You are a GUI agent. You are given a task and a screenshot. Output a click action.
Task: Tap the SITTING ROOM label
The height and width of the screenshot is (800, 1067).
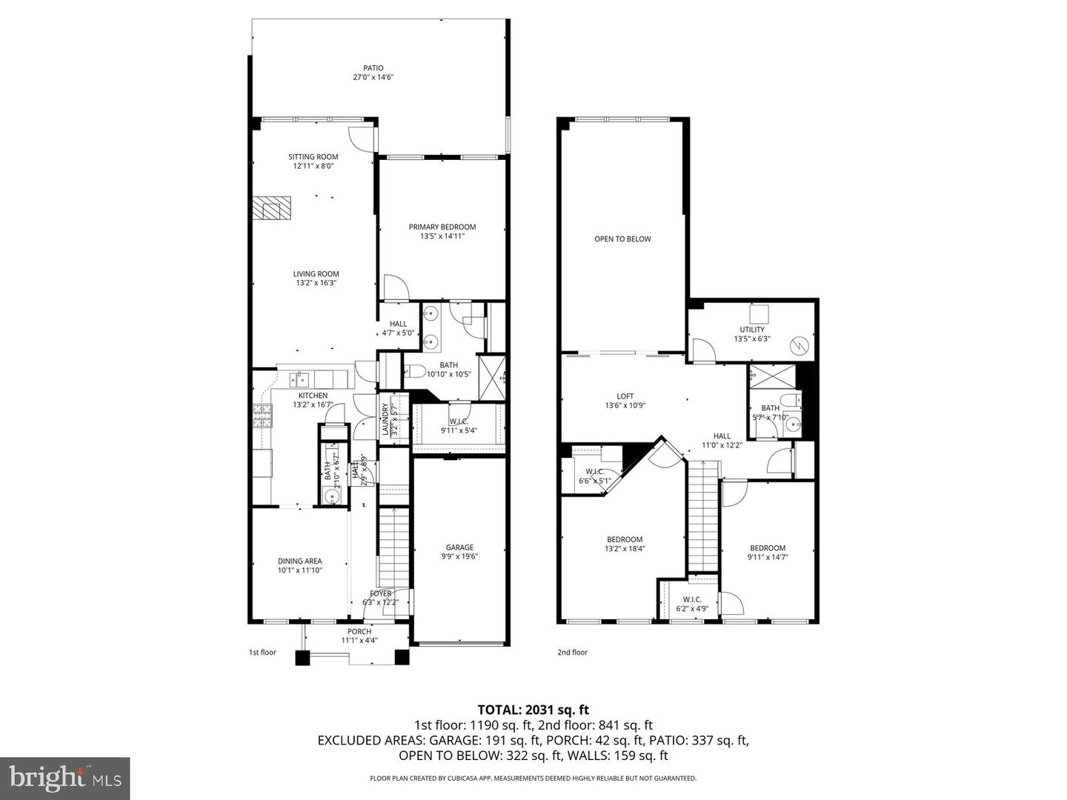click(x=313, y=157)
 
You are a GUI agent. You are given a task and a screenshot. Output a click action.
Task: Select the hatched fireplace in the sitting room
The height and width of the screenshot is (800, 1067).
click(x=270, y=208)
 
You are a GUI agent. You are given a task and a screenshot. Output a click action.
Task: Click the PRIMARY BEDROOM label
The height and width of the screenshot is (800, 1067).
click(x=442, y=227)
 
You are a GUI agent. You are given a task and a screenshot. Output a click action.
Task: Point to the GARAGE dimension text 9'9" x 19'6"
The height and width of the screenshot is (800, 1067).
click(x=459, y=556)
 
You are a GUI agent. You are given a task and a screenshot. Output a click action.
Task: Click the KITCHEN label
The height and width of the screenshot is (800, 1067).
click(x=313, y=396)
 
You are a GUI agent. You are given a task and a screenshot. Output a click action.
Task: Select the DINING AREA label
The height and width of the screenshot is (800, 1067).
click(x=300, y=561)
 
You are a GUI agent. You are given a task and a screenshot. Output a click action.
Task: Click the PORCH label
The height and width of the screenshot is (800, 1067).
click(x=359, y=631)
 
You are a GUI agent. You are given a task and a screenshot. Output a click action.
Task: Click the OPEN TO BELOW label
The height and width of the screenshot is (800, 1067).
click(x=622, y=239)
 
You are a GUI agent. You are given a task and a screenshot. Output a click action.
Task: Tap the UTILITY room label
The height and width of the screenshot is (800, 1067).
click(x=752, y=330)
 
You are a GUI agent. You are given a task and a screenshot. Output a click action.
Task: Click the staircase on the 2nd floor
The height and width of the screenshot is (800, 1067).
click(x=704, y=515)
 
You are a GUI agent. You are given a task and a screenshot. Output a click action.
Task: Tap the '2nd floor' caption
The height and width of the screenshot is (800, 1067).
click(x=572, y=653)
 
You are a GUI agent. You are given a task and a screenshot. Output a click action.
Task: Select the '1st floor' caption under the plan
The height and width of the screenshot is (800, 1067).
click(x=262, y=653)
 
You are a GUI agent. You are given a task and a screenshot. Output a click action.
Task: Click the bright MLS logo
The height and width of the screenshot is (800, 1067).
click(x=65, y=778)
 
